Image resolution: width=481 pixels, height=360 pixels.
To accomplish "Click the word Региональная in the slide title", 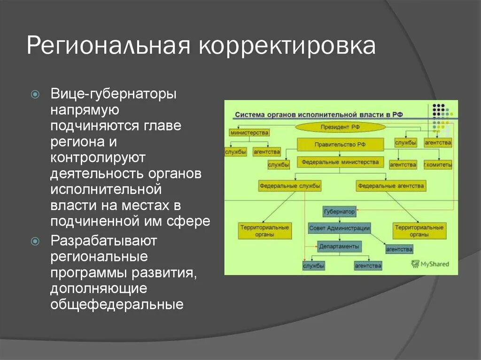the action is point(108,46).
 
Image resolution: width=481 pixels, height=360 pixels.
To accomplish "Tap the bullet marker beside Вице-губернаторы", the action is point(35,94).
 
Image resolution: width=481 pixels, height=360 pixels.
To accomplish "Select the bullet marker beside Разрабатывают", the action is point(35,241).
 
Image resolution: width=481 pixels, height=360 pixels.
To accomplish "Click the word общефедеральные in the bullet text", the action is point(117,305).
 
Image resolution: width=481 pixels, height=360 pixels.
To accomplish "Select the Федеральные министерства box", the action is point(340,163).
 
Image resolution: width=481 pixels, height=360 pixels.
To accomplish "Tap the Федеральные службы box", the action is point(290,186).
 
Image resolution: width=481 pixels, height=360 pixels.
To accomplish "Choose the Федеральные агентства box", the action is point(391,186).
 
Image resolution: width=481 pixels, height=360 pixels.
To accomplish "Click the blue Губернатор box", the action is point(339,212).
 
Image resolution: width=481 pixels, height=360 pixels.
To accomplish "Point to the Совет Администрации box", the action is point(339,229).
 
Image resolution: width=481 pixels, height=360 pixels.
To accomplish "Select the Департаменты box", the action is point(339,246).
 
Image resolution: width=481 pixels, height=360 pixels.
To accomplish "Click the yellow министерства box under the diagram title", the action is point(249,133).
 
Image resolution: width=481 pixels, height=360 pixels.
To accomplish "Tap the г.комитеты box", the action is point(437,165).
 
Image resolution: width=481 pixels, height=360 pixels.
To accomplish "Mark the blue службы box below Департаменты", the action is point(314,266).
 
